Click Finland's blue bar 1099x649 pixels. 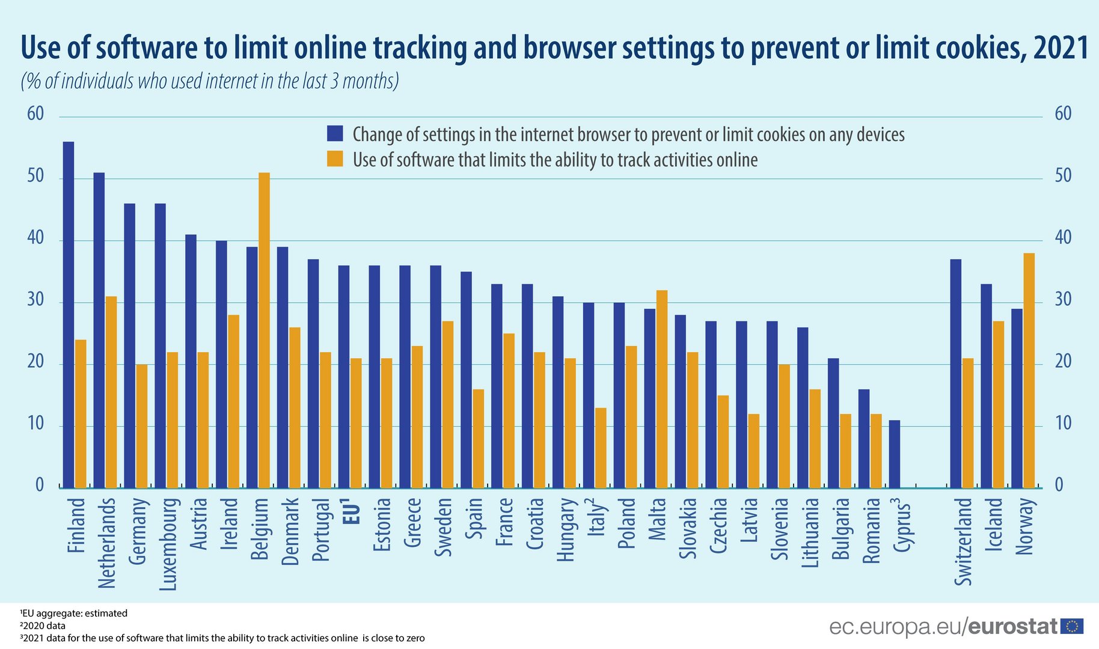[69, 315]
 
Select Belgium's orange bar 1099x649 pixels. [264, 330]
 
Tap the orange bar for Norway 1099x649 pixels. [1029, 370]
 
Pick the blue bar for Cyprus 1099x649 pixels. [895, 454]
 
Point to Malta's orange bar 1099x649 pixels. [662, 389]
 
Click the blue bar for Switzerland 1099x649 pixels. [955, 373]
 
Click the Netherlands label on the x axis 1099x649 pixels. [107, 543]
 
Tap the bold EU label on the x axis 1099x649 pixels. [352, 511]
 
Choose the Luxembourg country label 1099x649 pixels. [169, 544]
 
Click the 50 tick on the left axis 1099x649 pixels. [35, 176]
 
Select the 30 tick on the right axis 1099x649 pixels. [1063, 300]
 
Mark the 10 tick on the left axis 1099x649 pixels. [35, 424]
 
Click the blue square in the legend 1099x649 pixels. [335, 133]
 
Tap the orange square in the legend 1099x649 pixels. [335, 159]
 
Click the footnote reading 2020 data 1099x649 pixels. [43, 626]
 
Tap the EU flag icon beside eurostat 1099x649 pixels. [1072, 627]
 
